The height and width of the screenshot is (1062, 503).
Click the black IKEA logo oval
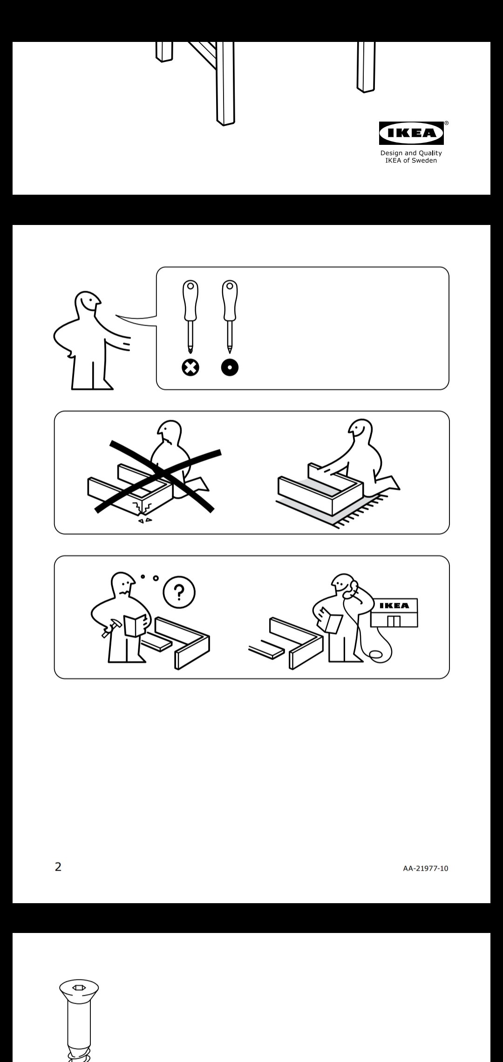click(x=411, y=133)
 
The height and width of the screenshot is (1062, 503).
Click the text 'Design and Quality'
click(x=411, y=153)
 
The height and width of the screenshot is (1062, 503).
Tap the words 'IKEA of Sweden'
click(x=411, y=161)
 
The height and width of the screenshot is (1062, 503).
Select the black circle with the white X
click(x=190, y=368)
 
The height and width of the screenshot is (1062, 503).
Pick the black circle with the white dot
click(x=230, y=368)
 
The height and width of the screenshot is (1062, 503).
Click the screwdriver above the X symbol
click(x=190, y=317)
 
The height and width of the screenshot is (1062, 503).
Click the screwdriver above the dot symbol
click(x=230, y=317)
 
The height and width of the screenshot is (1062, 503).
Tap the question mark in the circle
click(x=179, y=592)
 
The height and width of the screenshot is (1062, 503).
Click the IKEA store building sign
click(x=394, y=606)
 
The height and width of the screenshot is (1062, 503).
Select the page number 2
click(x=58, y=867)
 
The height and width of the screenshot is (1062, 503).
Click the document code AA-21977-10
click(x=426, y=868)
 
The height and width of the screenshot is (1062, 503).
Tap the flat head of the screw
click(x=79, y=987)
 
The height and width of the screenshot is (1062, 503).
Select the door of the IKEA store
click(x=394, y=621)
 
